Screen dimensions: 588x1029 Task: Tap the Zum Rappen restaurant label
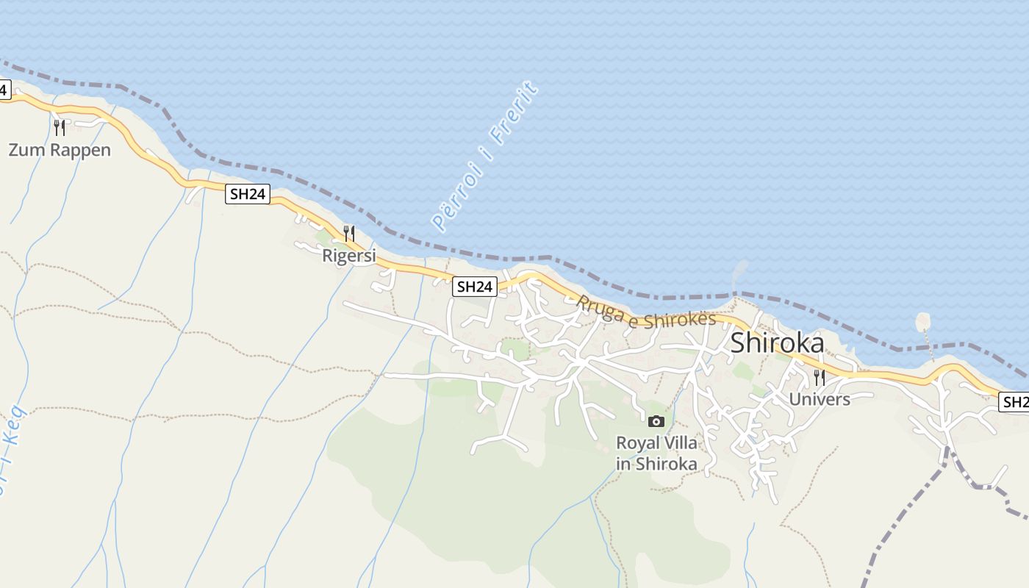tap(60, 151)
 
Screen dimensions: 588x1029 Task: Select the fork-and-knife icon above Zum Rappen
tap(60, 128)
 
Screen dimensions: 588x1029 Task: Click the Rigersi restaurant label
tap(349, 256)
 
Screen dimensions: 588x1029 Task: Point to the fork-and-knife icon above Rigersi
tap(349, 234)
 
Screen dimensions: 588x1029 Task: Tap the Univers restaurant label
tap(820, 400)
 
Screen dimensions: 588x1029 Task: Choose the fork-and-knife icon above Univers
tap(820, 378)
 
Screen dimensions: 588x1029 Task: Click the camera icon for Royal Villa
tap(656, 421)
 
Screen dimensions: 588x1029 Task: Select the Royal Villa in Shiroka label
tap(656, 453)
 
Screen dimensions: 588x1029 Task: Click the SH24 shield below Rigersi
tap(474, 287)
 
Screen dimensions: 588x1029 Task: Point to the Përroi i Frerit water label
tap(485, 157)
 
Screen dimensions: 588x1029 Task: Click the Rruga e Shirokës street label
tap(646, 312)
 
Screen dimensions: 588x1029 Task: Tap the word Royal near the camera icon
tap(637, 443)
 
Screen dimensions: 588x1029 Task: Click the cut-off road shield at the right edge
tap(1016, 402)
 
